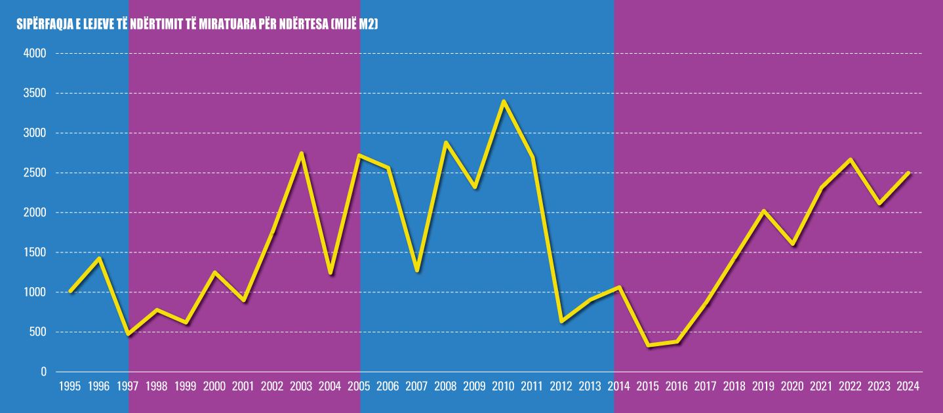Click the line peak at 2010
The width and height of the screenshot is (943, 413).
click(504, 102)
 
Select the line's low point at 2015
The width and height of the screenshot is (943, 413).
click(649, 345)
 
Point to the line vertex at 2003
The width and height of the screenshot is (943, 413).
click(302, 153)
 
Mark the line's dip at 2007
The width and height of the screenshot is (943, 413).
click(417, 270)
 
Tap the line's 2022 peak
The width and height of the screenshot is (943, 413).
click(851, 159)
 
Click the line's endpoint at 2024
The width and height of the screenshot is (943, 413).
click(908, 173)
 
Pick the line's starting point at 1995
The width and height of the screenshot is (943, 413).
click(70, 291)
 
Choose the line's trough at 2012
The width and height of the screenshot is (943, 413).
click(561, 321)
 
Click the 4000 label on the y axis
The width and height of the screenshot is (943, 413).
click(35, 54)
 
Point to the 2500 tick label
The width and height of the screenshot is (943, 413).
click(35, 172)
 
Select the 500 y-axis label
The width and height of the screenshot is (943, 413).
click(37, 332)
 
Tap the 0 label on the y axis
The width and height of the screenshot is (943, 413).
click(43, 372)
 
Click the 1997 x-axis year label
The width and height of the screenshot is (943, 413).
click(128, 386)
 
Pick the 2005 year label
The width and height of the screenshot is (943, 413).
click(359, 386)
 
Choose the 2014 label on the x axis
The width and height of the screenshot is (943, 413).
click(619, 386)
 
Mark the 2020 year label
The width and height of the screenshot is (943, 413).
click(792, 386)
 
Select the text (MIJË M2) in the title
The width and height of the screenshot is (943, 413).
click(355, 24)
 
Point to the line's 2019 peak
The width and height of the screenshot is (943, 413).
click(763, 211)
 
